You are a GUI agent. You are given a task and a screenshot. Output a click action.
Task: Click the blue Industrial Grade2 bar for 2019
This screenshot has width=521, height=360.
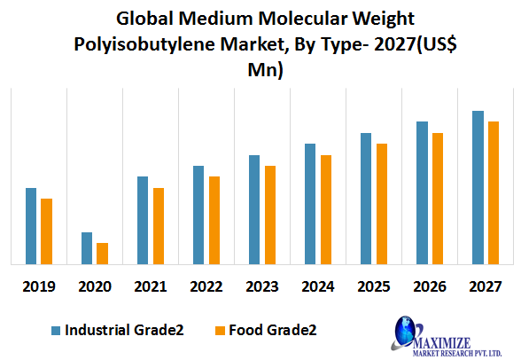31,226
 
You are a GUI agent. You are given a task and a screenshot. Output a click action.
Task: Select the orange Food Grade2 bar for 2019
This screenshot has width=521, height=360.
46,231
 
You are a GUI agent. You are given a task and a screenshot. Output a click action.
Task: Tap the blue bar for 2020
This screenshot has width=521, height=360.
87,248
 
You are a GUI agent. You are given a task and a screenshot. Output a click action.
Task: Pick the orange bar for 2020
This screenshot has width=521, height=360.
102,254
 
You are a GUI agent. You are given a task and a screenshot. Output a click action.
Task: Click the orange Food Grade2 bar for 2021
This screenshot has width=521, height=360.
159,226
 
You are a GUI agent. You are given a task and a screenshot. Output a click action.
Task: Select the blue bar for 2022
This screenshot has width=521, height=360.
198,215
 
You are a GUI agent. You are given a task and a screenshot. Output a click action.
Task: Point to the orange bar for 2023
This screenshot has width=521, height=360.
270,215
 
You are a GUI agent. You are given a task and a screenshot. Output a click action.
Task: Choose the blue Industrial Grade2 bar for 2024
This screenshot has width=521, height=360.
310,204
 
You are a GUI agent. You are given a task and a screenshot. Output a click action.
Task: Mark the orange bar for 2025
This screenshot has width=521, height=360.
382,204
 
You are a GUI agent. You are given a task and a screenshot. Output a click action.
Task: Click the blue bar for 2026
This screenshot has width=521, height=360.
422,192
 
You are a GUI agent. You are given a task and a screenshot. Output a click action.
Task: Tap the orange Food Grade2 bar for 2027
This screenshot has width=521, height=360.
494,192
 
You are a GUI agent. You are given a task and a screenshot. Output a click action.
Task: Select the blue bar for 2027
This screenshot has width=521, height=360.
478,187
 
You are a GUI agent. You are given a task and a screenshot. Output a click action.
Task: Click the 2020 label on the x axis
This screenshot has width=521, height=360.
94,286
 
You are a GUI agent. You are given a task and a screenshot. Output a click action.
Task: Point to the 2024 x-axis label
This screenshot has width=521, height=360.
317,286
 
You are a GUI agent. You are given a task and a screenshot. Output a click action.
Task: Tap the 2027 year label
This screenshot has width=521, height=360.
486,286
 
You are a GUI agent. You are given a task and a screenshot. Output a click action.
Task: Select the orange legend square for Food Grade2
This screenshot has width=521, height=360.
219,330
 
